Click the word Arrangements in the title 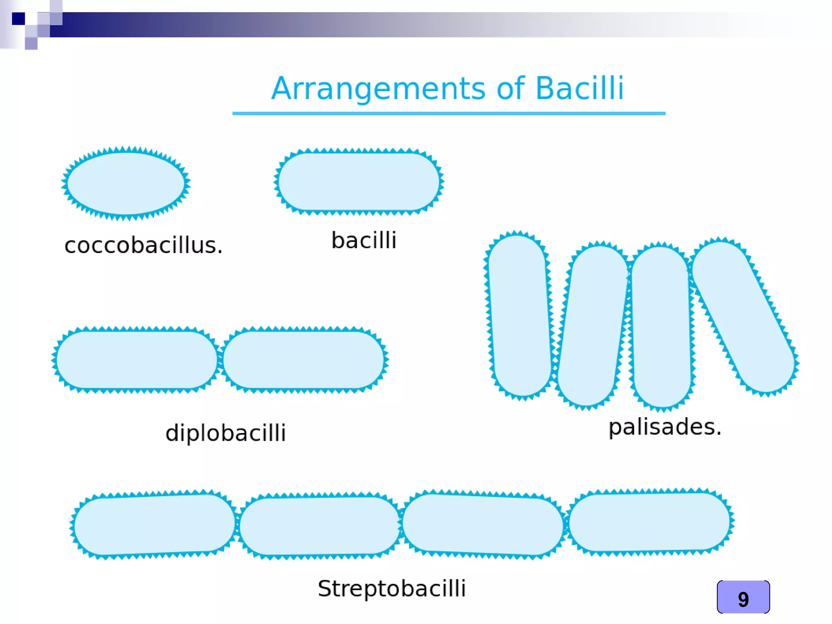[378, 89]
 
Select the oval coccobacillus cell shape [126, 183]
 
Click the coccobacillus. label [143, 245]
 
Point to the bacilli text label [364, 240]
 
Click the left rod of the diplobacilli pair [136, 360]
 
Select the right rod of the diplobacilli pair [303, 360]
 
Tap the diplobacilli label [225, 433]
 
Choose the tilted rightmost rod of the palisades [743, 316]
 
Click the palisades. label [665, 427]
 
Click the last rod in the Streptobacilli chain [649, 522]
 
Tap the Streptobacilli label [392, 588]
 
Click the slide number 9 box [743, 597]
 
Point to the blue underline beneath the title [448, 113]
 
